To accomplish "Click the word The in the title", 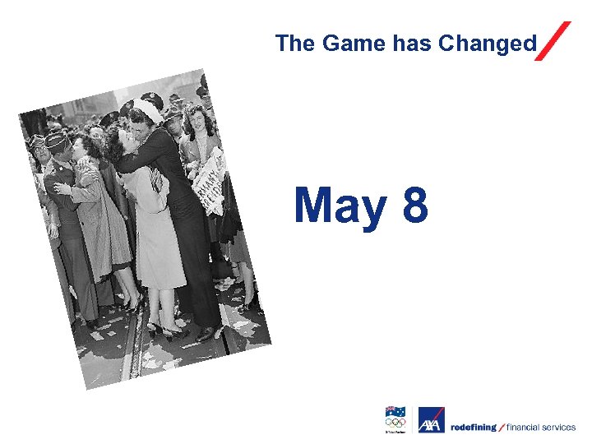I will tap(295, 44).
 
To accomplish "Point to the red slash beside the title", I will tap(553, 40).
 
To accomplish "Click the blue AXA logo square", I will tap(431, 419).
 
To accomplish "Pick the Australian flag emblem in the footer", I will tap(395, 411).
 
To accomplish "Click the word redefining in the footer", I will tap(474, 427).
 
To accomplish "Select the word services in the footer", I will tap(561, 427).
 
